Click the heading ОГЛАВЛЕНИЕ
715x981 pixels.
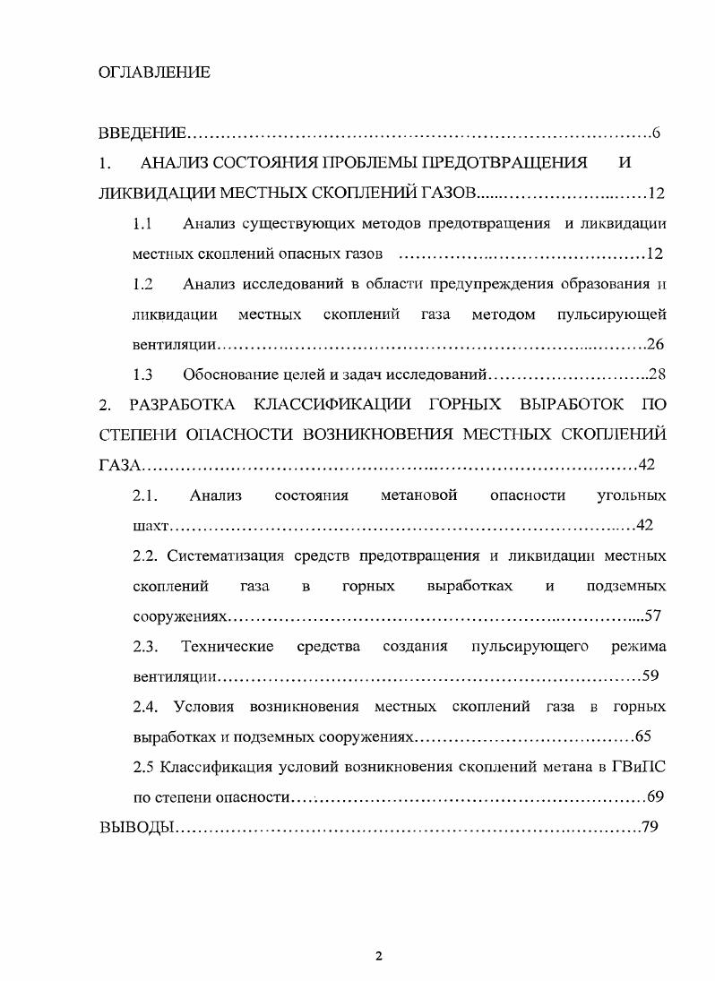pos(153,73)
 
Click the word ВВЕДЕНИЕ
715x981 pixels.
pos(142,133)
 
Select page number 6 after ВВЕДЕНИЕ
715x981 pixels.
pos(656,133)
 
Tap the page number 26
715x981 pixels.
pos(654,344)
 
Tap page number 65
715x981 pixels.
pos(642,736)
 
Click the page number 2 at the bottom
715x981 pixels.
pos(378,956)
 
